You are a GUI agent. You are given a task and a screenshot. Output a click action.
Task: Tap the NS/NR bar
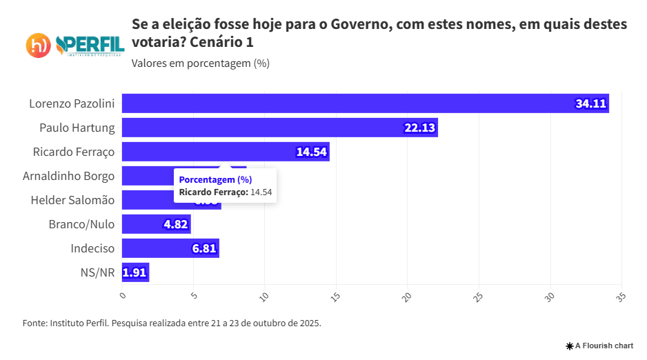(x=135, y=272)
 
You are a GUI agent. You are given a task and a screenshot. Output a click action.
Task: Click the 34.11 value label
(x=590, y=104)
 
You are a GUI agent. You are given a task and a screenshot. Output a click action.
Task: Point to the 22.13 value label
(x=419, y=128)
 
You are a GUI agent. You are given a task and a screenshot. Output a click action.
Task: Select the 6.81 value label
(x=205, y=248)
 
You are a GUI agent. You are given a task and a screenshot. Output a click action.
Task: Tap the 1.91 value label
(x=135, y=272)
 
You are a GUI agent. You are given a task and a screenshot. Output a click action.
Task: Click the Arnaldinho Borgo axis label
(x=68, y=176)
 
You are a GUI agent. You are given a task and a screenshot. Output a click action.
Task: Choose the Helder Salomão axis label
(x=72, y=200)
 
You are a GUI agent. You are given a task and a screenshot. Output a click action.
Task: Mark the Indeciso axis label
(x=92, y=248)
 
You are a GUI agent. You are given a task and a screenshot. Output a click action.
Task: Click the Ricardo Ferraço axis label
(x=74, y=152)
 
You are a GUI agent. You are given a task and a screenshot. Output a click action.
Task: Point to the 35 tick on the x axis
(x=621, y=297)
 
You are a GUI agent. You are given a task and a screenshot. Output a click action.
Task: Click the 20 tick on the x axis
(x=407, y=297)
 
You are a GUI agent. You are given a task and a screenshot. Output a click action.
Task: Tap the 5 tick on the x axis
(x=194, y=297)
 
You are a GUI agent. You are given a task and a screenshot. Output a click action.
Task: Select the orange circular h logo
(x=39, y=46)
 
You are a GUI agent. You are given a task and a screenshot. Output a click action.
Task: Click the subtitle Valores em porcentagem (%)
(x=200, y=63)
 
